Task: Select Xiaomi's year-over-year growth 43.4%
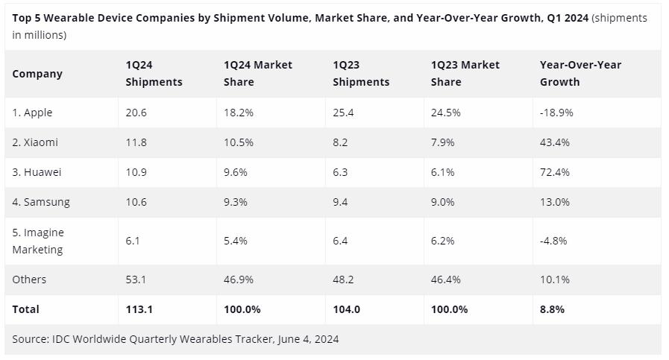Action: pyautogui.click(x=554, y=142)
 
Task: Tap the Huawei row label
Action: pyautogui.click(x=37, y=172)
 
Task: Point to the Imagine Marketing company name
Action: pyautogui.click(x=38, y=241)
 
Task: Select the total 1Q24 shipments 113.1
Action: pyautogui.click(x=139, y=309)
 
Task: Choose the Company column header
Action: pyautogui.click(x=37, y=74)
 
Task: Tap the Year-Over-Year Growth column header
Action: pyautogui.click(x=580, y=73)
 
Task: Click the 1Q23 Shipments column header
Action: pyautogui.click(x=361, y=73)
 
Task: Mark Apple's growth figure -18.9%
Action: pyautogui.click(x=556, y=113)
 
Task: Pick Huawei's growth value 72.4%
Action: pyautogui.click(x=554, y=172)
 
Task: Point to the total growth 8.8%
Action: pyautogui.click(x=552, y=309)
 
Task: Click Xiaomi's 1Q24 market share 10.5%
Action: pyautogui.click(x=239, y=142)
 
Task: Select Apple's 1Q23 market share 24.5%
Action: pyautogui.click(x=446, y=113)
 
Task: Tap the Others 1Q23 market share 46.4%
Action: pyautogui.click(x=446, y=280)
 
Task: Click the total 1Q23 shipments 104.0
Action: pyautogui.click(x=347, y=309)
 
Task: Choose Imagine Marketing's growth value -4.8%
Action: pyautogui.click(x=553, y=241)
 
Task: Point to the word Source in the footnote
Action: pyautogui.click(x=30, y=339)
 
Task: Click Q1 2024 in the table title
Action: pyautogui.click(x=566, y=18)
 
